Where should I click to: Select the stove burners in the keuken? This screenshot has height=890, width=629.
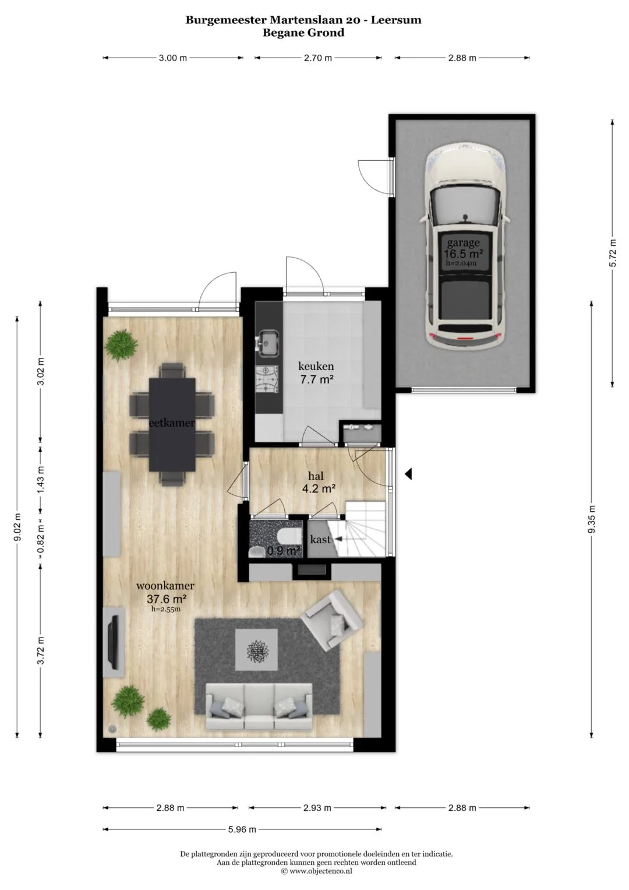pos(268,379)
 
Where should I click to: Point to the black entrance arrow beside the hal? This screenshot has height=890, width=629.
pos(408,474)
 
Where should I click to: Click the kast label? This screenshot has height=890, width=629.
pos(320,540)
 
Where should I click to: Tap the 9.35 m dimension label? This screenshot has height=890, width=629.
pos(592,520)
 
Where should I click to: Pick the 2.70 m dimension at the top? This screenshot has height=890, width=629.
pos(317,58)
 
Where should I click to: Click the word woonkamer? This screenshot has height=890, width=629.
pos(165,586)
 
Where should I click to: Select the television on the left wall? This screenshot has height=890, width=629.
pos(114,642)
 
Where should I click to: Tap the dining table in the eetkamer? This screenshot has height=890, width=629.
pos(172,424)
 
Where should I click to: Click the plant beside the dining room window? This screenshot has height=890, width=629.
pos(122,344)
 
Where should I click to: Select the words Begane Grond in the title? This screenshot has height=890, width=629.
pos(303,33)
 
